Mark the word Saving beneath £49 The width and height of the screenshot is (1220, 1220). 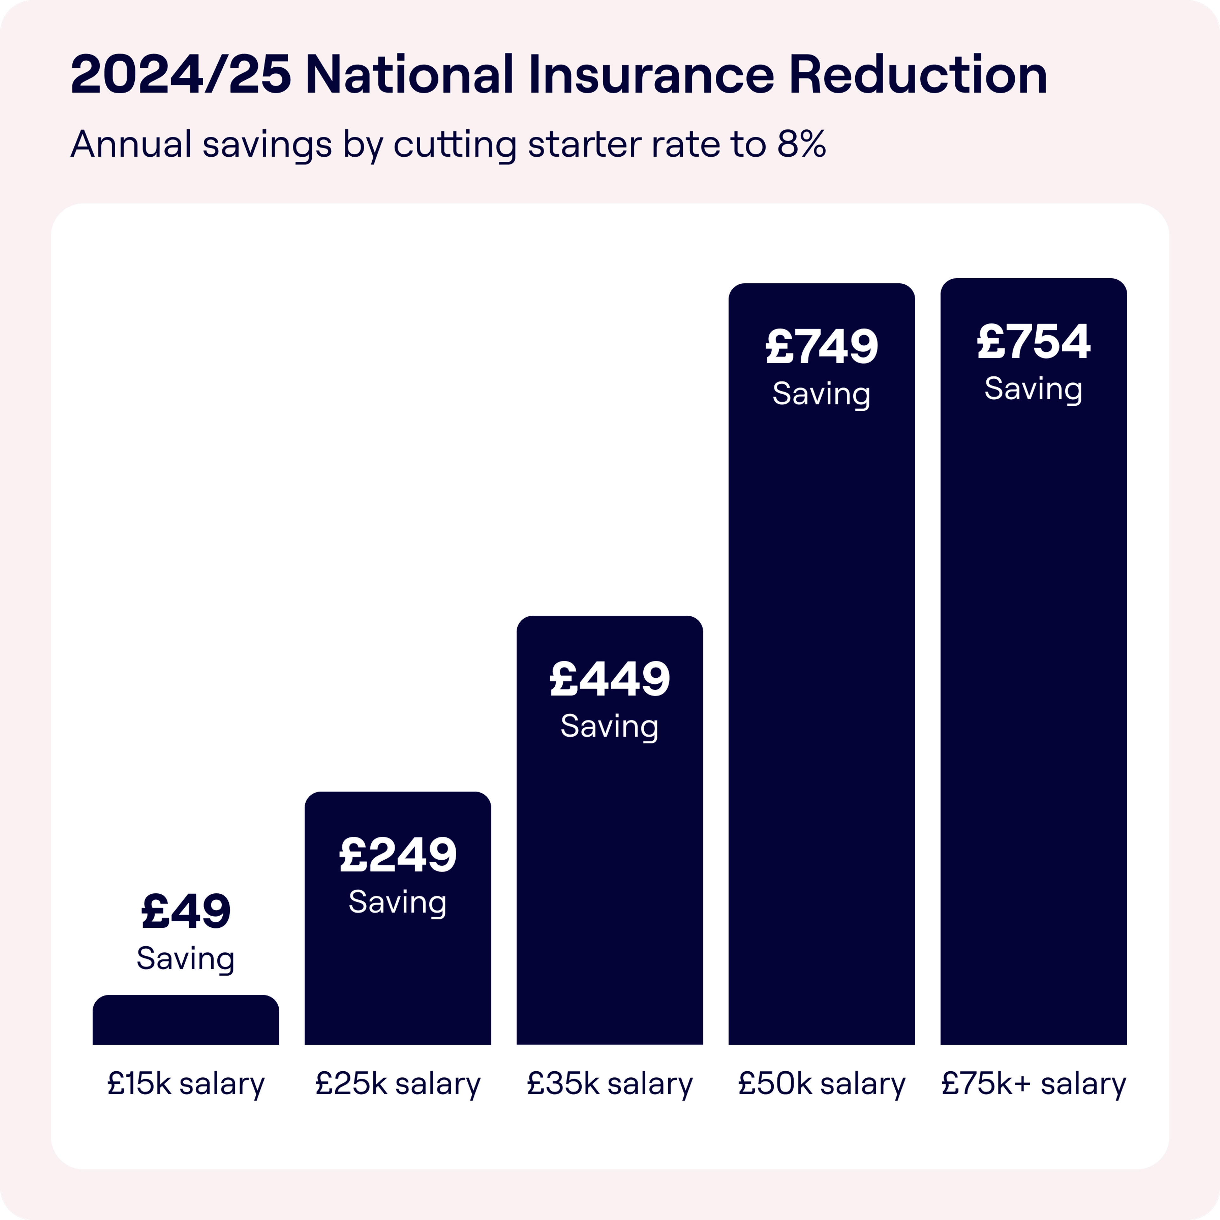pos(186,959)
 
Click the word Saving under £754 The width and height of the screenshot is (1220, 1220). pos(1033,388)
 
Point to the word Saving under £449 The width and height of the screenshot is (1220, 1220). pos(609,726)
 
